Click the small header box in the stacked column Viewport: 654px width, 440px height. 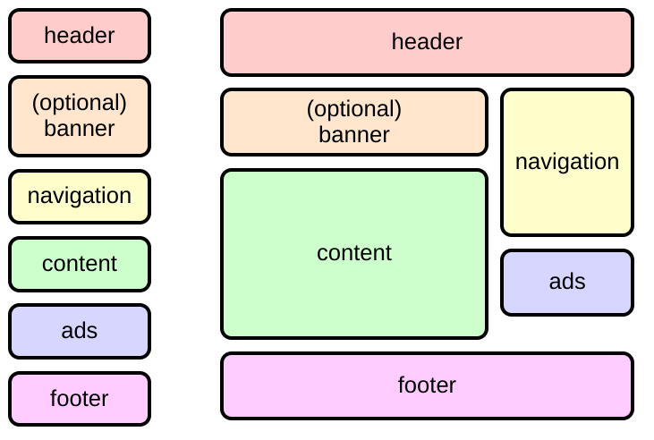(80, 36)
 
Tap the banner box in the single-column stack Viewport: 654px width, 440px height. (80, 116)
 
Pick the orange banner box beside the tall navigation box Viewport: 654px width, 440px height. (354, 123)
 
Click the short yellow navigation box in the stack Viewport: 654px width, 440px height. (80, 196)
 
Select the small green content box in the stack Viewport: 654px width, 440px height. (80, 264)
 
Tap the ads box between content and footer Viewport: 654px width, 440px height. (80, 331)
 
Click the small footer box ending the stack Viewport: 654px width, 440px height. (80, 399)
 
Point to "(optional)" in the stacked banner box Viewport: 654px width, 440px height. (80, 103)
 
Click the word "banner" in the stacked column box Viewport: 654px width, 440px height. (80, 129)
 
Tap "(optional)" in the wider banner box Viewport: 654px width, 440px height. (354, 109)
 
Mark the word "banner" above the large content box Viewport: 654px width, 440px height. (354, 135)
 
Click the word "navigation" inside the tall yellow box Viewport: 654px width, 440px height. (567, 162)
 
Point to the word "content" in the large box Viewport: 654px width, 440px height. (354, 253)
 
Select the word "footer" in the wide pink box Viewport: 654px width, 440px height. (427, 385)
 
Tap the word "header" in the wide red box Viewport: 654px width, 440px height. (427, 41)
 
